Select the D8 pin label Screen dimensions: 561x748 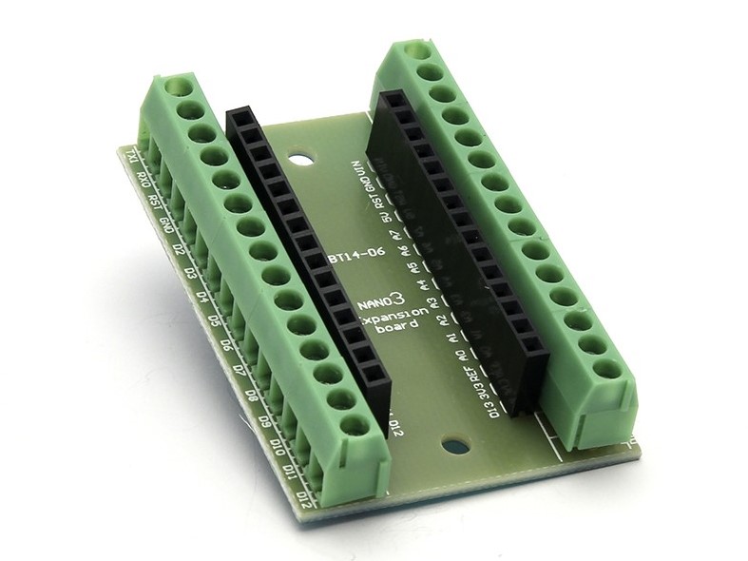tap(250, 395)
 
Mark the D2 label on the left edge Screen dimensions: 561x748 tap(178, 250)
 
